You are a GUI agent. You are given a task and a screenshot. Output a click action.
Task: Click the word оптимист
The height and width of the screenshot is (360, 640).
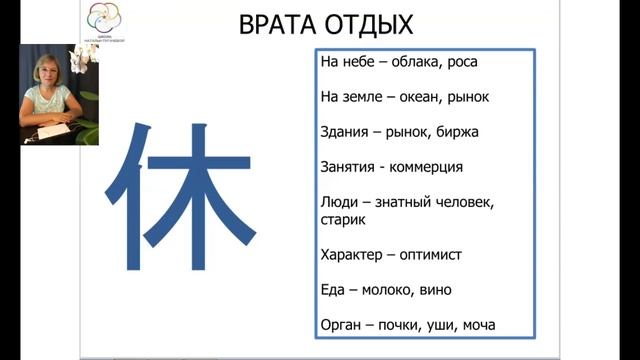[431, 255]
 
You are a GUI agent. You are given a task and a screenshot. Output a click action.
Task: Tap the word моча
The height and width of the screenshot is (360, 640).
[476, 325]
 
